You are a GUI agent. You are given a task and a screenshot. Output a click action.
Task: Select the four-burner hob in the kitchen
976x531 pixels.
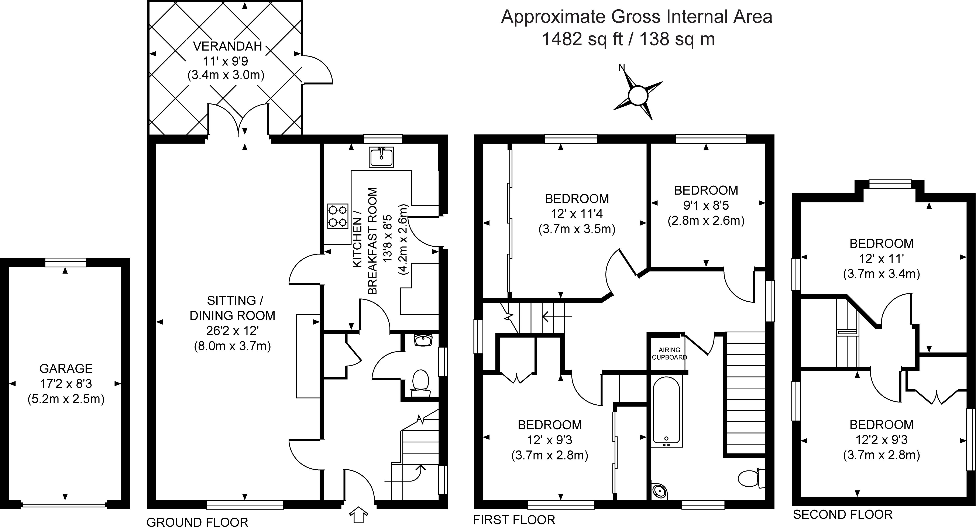[x=338, y=216]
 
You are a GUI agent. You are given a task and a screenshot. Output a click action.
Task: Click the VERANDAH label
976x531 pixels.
[x=227, y=46]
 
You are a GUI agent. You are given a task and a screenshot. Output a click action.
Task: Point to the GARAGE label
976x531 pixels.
[x=66, y=368]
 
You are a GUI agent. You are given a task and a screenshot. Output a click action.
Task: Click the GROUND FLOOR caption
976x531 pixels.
[x=197, y=522]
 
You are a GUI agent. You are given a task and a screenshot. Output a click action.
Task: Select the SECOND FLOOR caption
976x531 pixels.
[x=843, y=514]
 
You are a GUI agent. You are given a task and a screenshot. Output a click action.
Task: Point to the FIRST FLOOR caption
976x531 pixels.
[x=514, y=520]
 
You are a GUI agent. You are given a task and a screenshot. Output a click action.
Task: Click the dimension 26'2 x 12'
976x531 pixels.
[x=232, y=331]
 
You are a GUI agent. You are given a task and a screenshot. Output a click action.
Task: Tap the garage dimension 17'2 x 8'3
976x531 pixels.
[x=66, y=384]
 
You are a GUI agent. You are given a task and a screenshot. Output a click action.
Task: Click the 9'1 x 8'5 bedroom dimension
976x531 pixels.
[x=706, y=205]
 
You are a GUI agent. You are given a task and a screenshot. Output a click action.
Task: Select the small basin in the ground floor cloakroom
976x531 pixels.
[x=423, y=340]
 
